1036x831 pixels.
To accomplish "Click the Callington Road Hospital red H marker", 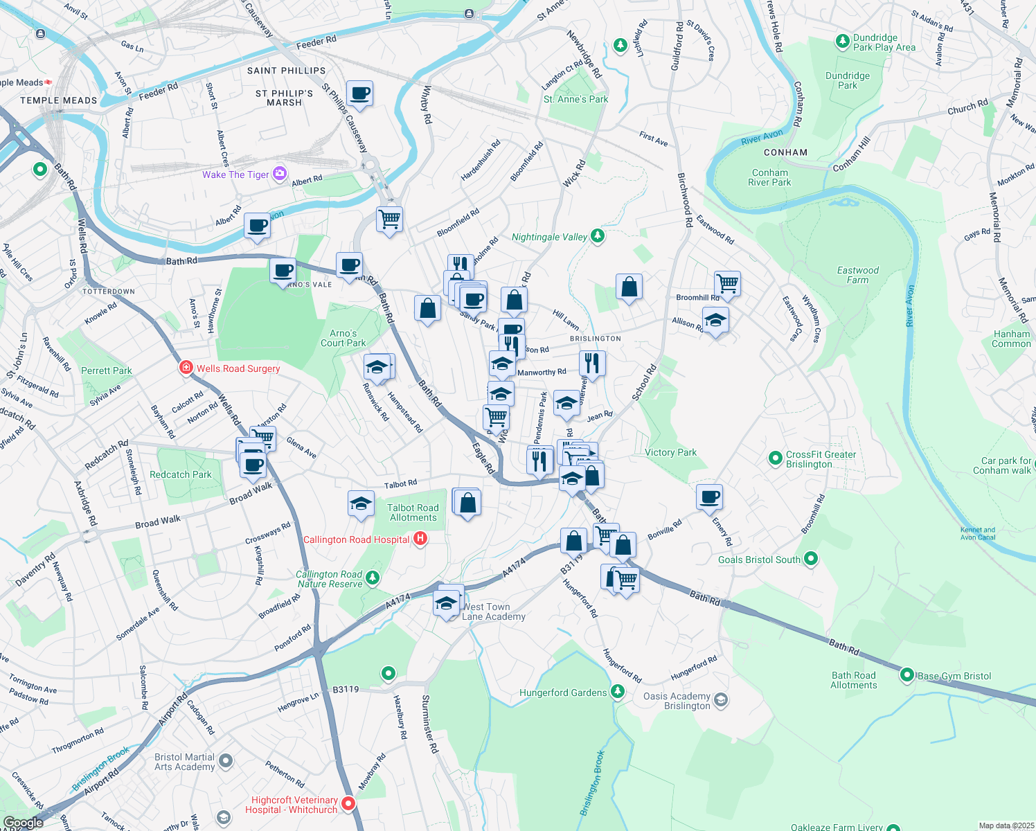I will click(420, 538).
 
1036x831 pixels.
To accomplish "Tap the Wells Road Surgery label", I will click(238, 368).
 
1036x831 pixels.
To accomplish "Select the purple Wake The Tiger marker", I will click(280, 174).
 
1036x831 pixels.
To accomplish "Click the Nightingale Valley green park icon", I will click(597, 237).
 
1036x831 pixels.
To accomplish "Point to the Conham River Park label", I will click(769, 178).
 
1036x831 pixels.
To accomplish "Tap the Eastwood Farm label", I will click(857, 275).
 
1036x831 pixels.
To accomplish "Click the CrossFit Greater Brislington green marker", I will click(776, 458).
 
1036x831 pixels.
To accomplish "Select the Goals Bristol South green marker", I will click(812, 558).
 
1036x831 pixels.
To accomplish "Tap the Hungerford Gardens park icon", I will click(617, 692).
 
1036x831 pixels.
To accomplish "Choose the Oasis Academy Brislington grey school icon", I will click(721, 700).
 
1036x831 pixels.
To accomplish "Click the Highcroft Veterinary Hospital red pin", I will click(348, 803).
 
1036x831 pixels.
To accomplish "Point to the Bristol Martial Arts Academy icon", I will click(226, 762).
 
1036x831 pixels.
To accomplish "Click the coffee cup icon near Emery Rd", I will click(709, 497).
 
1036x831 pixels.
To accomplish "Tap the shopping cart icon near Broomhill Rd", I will click(727, 283).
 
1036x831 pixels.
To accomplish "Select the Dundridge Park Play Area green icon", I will click(842, 42).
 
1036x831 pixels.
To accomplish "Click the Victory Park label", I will click(670, 452).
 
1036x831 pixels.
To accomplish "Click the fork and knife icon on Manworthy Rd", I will click(592, 362).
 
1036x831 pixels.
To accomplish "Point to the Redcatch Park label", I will click(180, 474).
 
